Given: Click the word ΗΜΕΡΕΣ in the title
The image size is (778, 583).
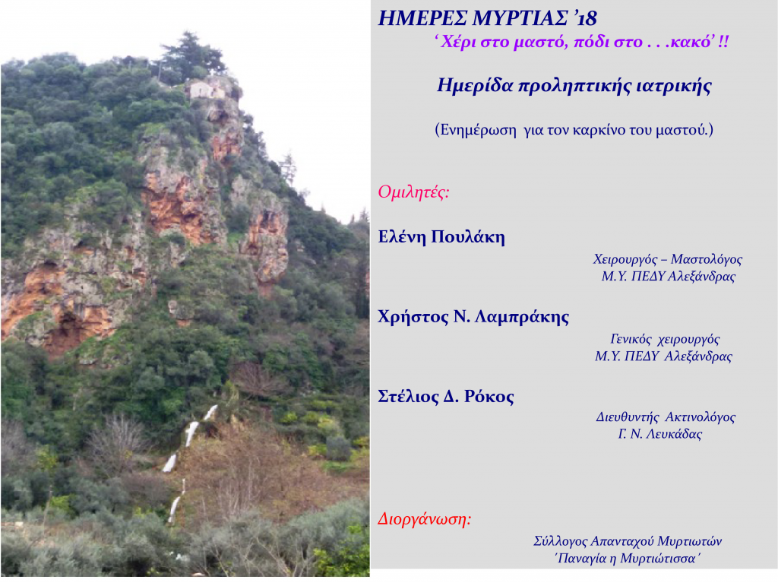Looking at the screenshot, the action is [422, 18].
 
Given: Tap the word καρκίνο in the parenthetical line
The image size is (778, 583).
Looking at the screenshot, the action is [599, 130].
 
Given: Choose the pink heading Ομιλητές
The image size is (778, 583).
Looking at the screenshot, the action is [413, 192].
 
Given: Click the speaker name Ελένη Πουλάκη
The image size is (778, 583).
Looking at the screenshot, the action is [441, 237].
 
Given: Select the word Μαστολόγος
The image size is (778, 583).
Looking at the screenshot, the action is [707, 259].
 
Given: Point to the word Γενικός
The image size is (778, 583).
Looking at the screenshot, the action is [631, 339].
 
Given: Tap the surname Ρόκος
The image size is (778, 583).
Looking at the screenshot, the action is [489, 396].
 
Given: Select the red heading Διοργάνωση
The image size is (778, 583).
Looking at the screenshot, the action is [425, 519].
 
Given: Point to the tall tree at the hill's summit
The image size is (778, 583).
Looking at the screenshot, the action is [188, 55].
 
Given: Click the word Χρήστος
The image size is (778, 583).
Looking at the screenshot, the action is [413, 317].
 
